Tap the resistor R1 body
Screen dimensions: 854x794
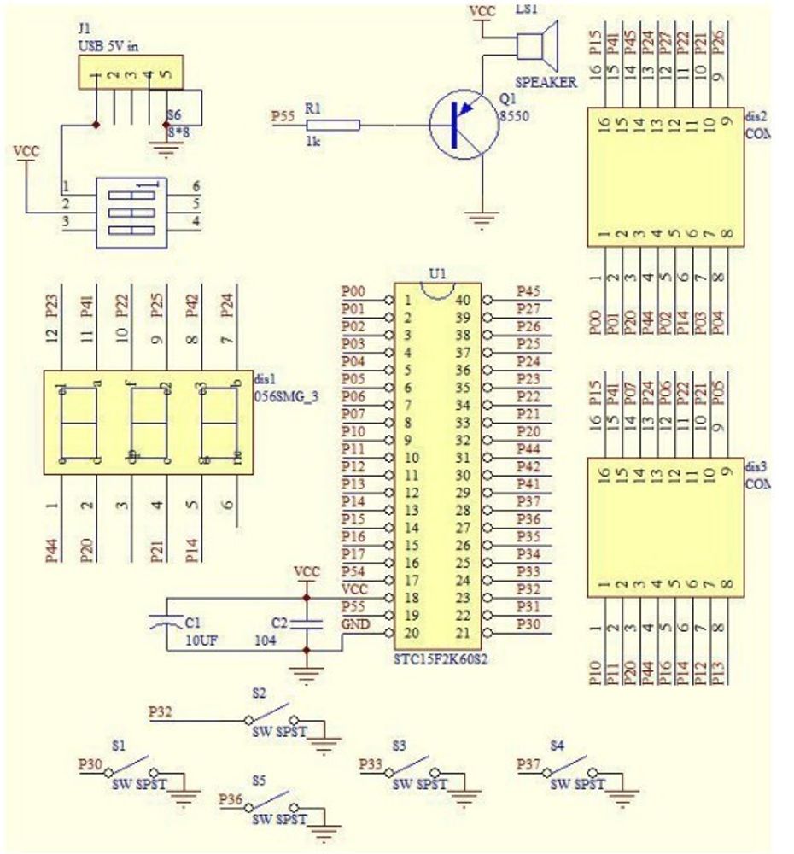point(341,126)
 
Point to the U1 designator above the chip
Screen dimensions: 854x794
point(437,274)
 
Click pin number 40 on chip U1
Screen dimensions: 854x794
point(462,300)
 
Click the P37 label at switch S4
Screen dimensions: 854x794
point(529,765)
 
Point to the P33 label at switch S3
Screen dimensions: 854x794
point(371,764)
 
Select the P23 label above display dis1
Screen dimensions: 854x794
point(53,305)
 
